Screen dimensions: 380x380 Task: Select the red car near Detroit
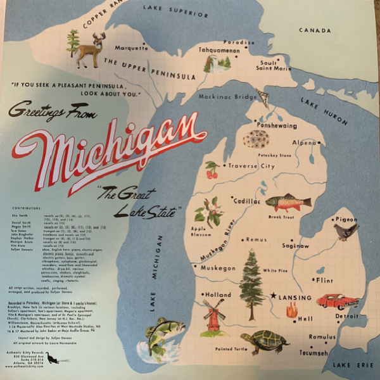pyautogui.click(x=337, y=301)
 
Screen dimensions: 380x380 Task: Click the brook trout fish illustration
pyautogui.click(x=288, y=203)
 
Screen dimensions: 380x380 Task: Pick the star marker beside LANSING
pyautogui.click(x=274, y=296)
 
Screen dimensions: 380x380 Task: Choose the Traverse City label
pyautogui.click(x=251, y=166)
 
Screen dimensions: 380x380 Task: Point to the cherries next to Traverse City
pyautogui.click(x=212, y=170)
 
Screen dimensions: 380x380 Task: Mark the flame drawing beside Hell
pyautogui.click(x=291, y=310)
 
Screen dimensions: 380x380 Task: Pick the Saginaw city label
pyautogui.click(x=296, y=246)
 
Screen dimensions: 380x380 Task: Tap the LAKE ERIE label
pyautogui.click(x=351, y=365)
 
